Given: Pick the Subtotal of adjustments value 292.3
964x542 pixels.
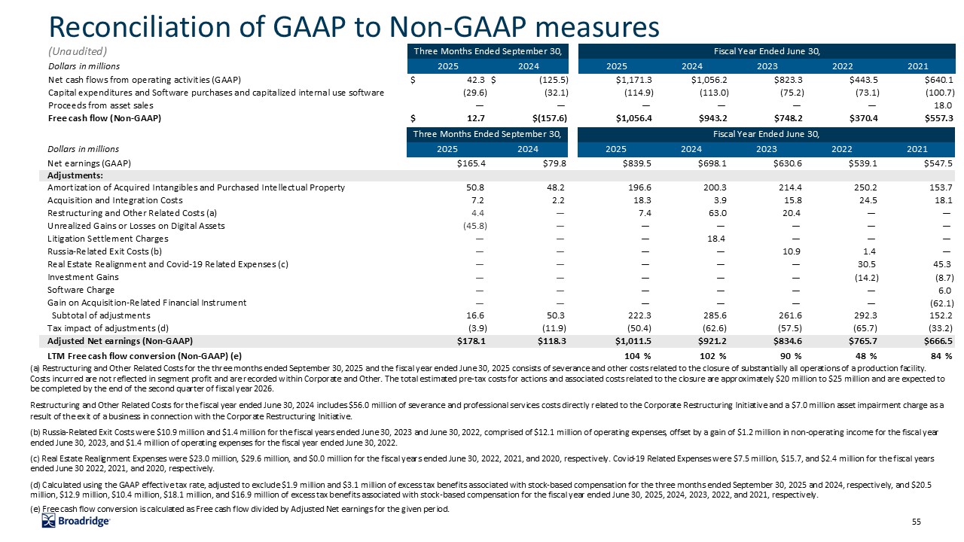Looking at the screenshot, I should click(861, 315).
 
